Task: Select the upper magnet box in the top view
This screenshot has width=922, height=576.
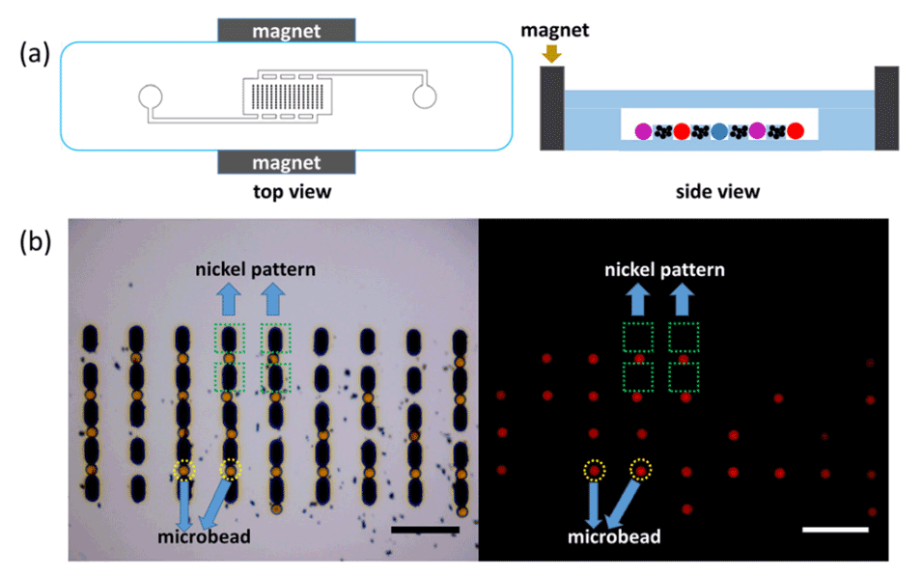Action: click(x=287, y=30)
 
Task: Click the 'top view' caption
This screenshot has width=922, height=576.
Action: click(x=288, y=192)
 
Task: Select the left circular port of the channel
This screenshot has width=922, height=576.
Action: click(x=150, y=96)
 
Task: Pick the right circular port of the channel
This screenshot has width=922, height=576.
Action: click(x=424, y=96)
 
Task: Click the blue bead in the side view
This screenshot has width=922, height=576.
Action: click(x=719, y=131)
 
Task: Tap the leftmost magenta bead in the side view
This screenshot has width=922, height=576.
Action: click(x=643, y=131)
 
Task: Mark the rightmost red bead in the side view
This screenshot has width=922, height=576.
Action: click(x=795, y=131)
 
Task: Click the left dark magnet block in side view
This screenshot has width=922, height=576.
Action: click(x=551, y=108)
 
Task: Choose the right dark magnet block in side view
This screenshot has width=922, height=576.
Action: click(x=886, y=108)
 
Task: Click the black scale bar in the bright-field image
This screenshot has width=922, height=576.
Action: click(x=426, y=530)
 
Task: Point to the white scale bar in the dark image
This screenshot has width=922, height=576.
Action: click(x=835, y=530)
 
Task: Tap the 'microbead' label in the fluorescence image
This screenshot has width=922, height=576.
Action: click(x=615, y=536)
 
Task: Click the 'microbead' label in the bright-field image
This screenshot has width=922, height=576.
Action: click(x=205, y=536)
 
